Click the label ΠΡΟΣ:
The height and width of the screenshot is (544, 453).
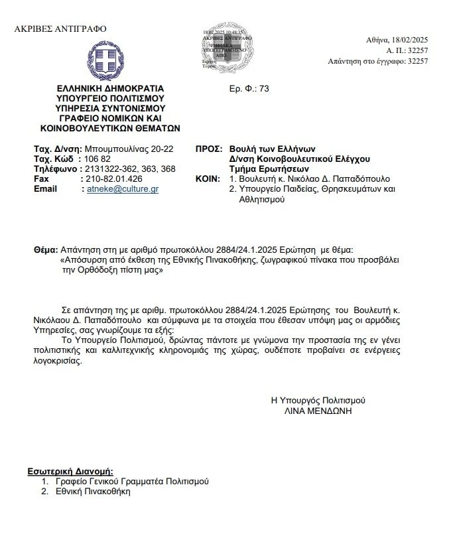(208, 149)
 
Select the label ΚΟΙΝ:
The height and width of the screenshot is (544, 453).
(208, 179)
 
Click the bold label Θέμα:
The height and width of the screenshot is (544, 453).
(46, 251)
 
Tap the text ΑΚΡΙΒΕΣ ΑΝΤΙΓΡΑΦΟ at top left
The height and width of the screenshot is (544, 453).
(60, 29)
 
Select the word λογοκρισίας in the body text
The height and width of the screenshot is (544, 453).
(60, 362)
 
